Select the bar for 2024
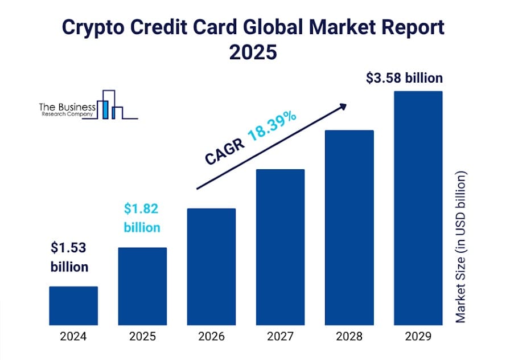(x=73, y=305)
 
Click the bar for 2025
(x=142, y=286)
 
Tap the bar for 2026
(x=211, y=266)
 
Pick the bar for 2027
(x=281, y=247)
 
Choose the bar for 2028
(x=349, y=227)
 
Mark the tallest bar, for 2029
(x=418, y=207)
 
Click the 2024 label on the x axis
(x=73, y=336)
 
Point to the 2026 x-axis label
(x=211, y=336)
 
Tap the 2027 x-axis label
(x=281, y=336)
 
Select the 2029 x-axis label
(x=418, y=336)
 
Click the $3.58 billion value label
(x=404, y=78)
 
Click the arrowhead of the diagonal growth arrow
(x=343, y=105)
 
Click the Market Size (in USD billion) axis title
(x=460, y=246)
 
